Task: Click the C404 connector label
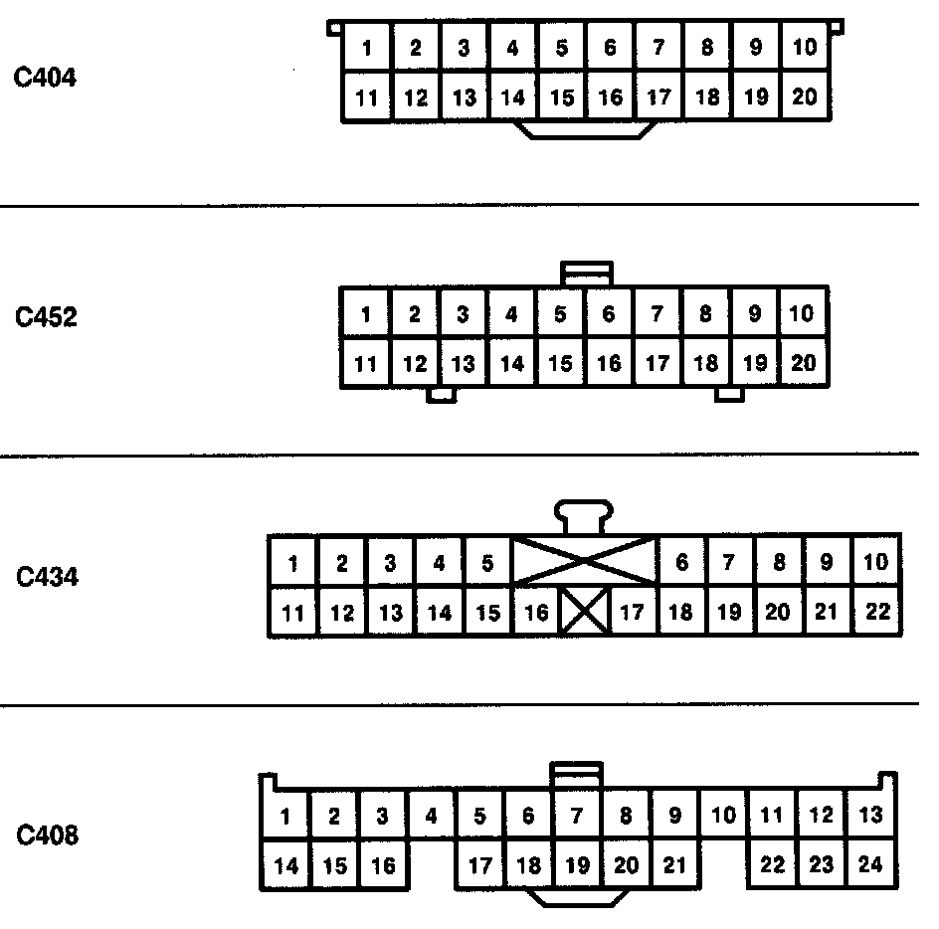(x=45, y=78)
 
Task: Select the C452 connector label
(x=45, y=318)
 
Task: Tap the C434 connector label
(x=45, y=577)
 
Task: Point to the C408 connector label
(x=45, y=836)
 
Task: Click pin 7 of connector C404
(x=658, y=48)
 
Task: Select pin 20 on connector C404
(x=804, y=97)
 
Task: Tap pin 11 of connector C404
(x=367, y=97)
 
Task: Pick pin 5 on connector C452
(x=560, y=315)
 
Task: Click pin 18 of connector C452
(x=706, y=364)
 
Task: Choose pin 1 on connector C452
(x=366, y=315)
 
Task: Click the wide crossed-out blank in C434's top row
(x=585, y=561)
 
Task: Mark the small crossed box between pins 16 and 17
(x=584, y=613)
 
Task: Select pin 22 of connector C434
(x=876, y=613)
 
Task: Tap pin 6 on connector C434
(x=681, y=563)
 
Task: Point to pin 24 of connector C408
(x=870, y=865)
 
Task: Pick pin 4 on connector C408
(x=431, y=817)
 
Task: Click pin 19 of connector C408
(x=577, y=865)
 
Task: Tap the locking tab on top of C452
(x=587, y=274)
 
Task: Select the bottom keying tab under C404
(x=587, y=130)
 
